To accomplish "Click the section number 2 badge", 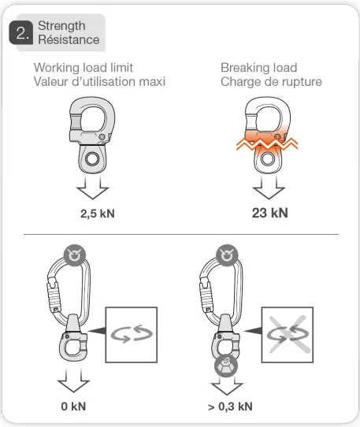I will pyautogui.click(x=21, y=33).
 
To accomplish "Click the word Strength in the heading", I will pyautogui.click(x=61, y=26).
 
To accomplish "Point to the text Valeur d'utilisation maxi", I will pyautogui.click(x=100, y=82).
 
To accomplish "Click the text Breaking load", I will pyautogui.click(x=258, y=68).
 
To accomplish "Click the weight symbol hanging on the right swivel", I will pyautogui.click(x=224, y=365).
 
